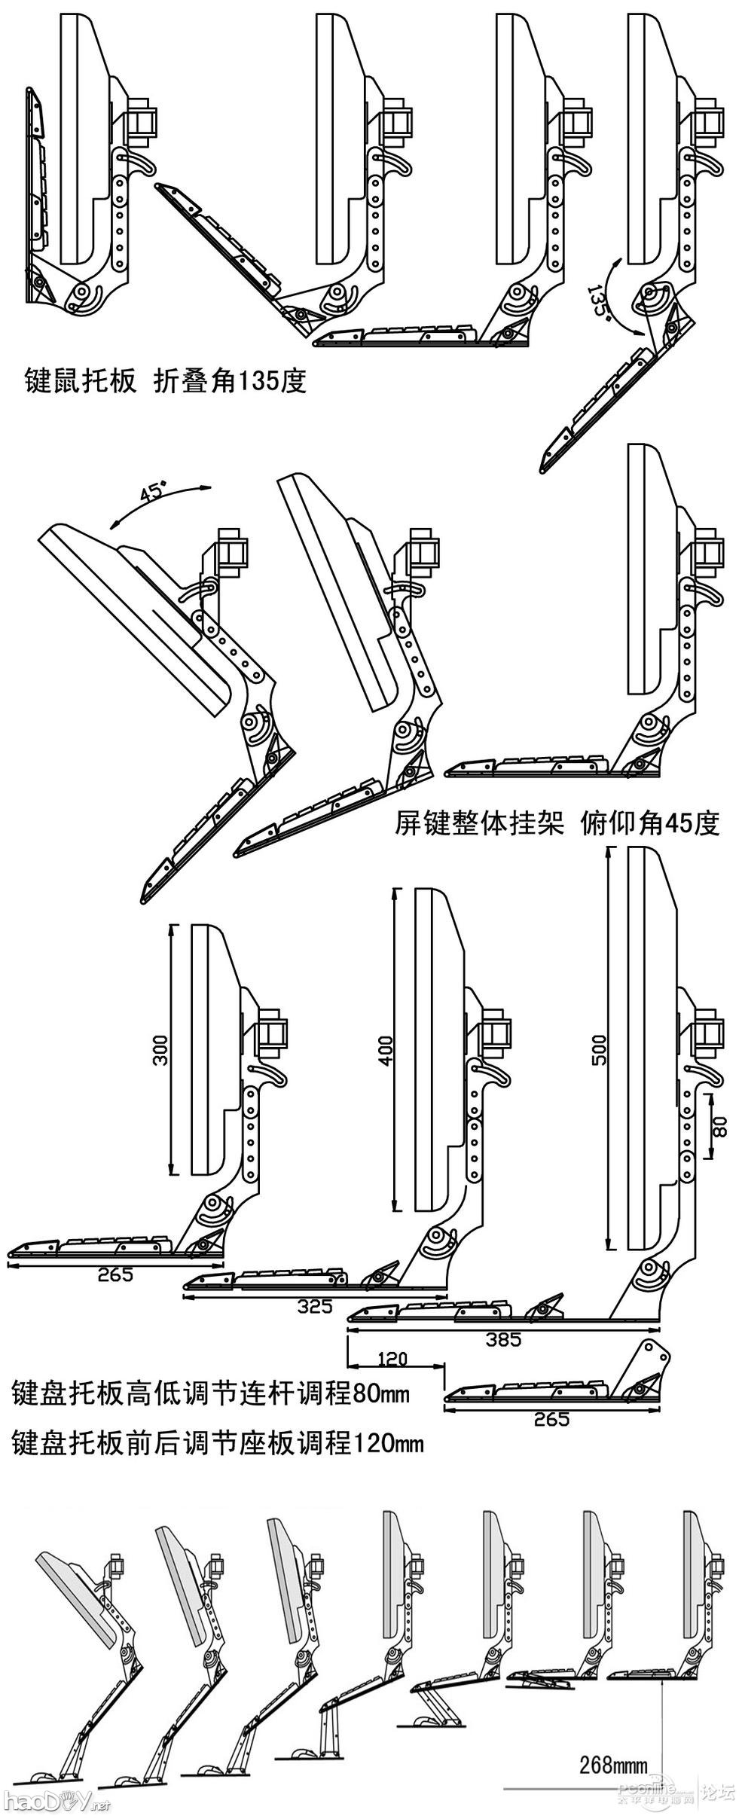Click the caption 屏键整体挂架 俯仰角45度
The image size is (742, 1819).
tap(557, 823)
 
